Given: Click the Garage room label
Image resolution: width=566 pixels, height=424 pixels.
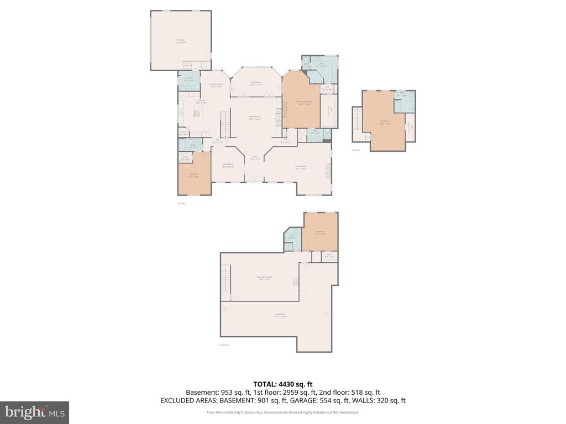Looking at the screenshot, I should click(180, 40).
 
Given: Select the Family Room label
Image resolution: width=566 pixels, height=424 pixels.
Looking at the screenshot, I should click(255, 118).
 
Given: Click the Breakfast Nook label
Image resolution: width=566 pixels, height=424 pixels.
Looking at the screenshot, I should click(216, 85).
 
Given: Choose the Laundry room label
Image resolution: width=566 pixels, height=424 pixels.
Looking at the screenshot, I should click(188, 80).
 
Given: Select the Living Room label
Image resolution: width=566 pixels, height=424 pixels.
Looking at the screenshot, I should click(300, 167).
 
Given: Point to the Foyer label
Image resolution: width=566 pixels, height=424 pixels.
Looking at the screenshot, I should click(255, 157).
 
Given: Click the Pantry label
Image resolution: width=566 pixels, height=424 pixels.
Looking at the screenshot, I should click(183, 132).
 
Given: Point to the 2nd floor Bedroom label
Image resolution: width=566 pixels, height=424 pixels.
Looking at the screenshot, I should click(385, 122).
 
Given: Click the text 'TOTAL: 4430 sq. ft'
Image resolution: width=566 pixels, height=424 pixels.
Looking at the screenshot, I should click(283, 384).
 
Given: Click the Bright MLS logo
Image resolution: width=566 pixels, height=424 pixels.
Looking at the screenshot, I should click(34, 412).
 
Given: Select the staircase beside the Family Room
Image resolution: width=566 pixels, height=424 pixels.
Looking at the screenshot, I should click(224, 123).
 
